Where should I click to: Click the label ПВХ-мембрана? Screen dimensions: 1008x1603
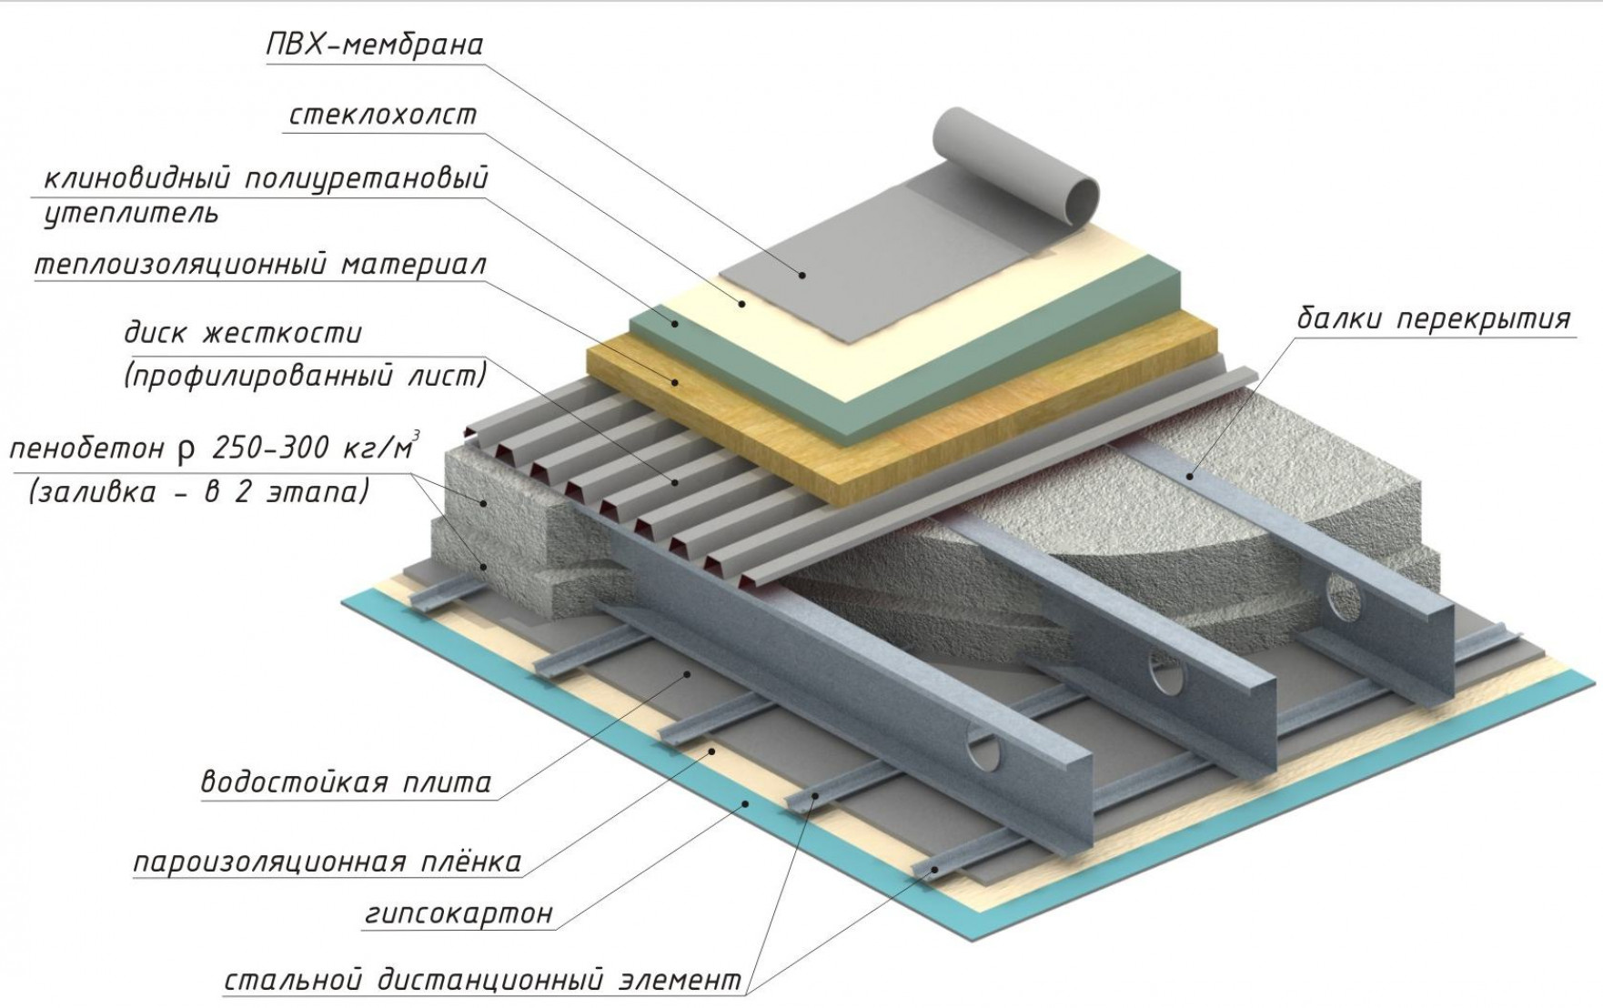[374, 44]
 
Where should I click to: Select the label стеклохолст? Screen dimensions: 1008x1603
[382, 116]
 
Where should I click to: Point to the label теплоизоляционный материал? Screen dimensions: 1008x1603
[260, 265]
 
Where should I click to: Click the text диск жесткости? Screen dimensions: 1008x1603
[243, 333]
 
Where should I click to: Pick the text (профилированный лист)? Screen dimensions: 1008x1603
[305, 375]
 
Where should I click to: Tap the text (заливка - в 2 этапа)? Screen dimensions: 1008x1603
[199, 491]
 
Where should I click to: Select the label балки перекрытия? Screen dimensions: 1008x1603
[1434, 319]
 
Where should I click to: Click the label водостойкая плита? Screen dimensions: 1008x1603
[346, 782]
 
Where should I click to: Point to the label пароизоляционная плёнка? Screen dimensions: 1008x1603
[328, 862]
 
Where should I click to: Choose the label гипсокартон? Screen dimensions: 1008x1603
[459, 912]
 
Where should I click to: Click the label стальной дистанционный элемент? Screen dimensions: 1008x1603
[483, 982]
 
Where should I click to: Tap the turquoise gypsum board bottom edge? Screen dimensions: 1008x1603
[637, 773]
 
